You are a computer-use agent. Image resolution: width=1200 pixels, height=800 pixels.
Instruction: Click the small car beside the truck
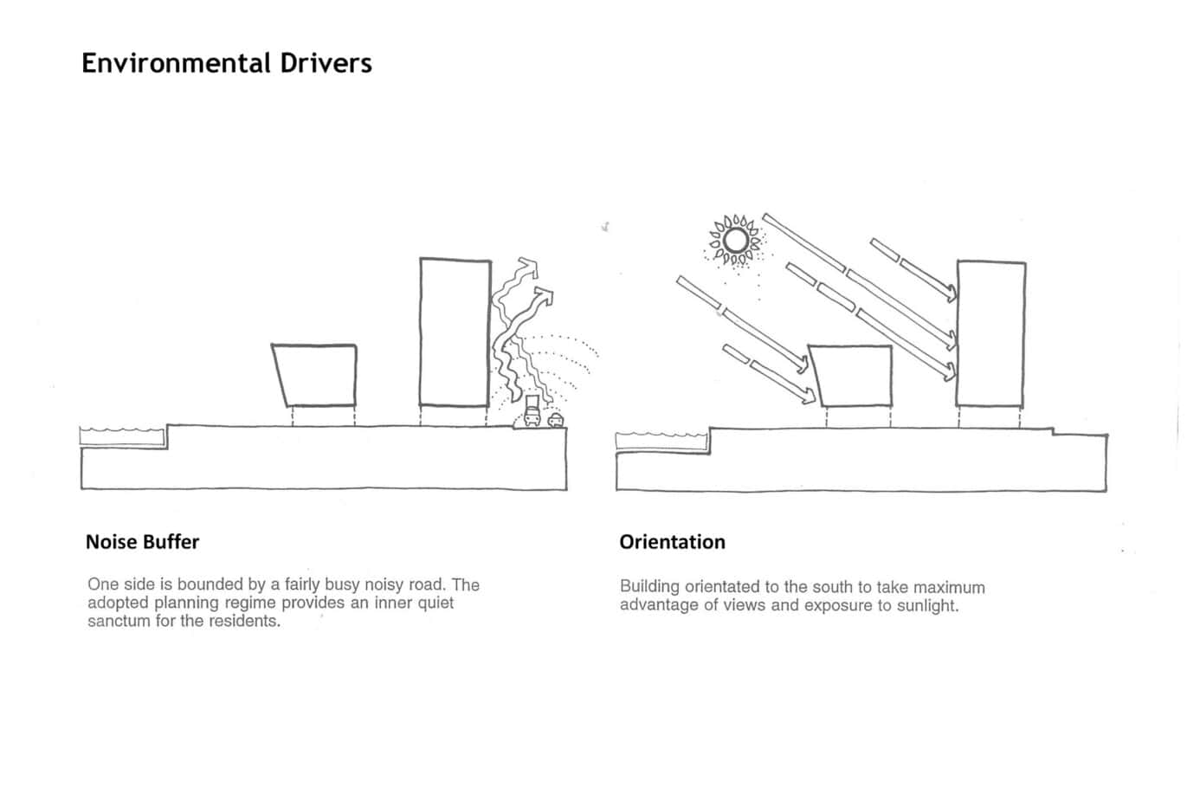pyautogui.click(x=555, y=421)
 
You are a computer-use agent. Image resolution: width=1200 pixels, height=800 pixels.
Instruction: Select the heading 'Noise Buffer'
pyautogui.click(x=142, y=542)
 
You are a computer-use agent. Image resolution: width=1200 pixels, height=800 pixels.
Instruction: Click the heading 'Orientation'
pyautogui.click(x=672, y=542)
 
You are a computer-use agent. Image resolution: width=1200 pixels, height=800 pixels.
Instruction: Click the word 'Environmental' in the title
pyautogui.click(x=177, y=63)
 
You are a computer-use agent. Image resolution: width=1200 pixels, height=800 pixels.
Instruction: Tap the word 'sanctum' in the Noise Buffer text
pyautogui.click(x=119, y=621)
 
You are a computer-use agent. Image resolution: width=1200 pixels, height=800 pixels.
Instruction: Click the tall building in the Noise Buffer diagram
pyautogui.click(x=455, y=331)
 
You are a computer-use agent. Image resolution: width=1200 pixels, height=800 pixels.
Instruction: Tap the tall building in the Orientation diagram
pyautogui.click(x=991, y=333)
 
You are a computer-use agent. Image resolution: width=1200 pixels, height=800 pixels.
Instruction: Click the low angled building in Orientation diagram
pyautogui.click(x=852, y=376)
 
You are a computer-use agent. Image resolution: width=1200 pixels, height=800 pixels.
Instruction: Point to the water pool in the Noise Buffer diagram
pyautogui.click(x=123, y=436)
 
